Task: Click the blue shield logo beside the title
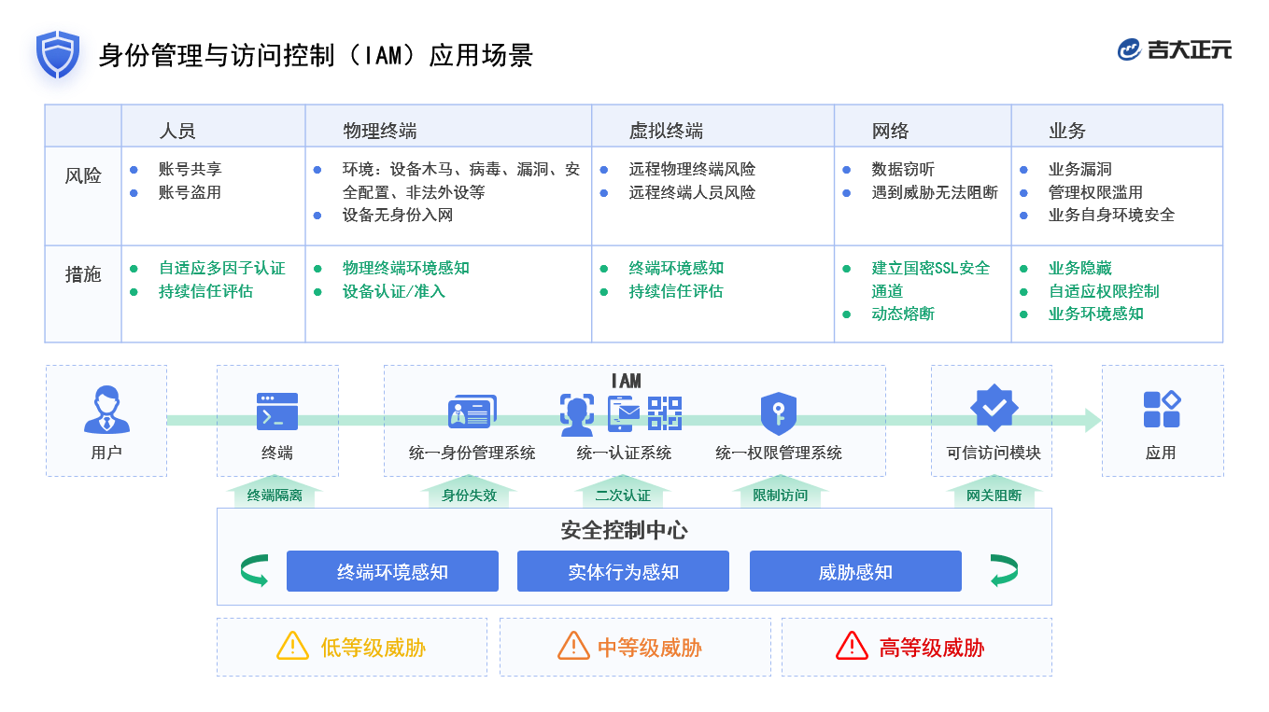click(58, 54)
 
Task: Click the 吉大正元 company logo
click(1174, 49)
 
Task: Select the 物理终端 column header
click(379, 131)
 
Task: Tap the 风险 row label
click(83, 175)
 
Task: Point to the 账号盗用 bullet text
click(190, 192)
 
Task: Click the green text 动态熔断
click(903, 314)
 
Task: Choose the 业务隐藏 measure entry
click(1079, 268)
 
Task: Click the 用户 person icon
click(106, 411)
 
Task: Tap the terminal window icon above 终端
click(277, 412)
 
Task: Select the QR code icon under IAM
click(664, 412)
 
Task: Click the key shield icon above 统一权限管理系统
click(778, 413)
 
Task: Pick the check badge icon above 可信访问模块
click(994, 408)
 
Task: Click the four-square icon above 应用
click(1162, 410)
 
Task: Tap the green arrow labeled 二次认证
click(623, 494)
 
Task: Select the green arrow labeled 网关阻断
click(994, 494)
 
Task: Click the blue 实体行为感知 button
click(623, 571)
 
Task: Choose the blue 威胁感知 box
click(855, 571)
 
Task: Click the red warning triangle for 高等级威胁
click(852, 646)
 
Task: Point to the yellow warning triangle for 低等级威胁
click(292, 646)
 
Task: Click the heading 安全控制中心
click(624, 530)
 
